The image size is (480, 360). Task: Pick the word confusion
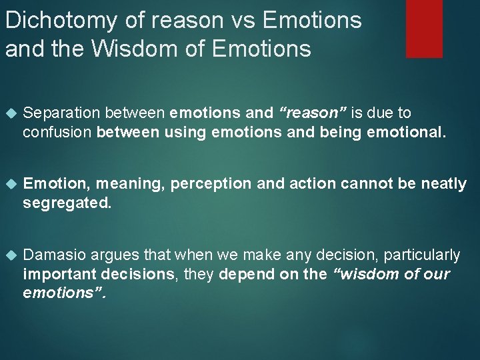pyautogui.click(x=57, y=132)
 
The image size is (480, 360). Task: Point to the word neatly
pyautogui.click(x=444, y=184)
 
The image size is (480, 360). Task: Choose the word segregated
pyautogui.click(x=67, y=203)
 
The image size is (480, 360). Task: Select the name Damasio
pyautogui.click(x=54, y=255)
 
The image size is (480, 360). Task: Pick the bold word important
pyautogui.click(x=56, y=274)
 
